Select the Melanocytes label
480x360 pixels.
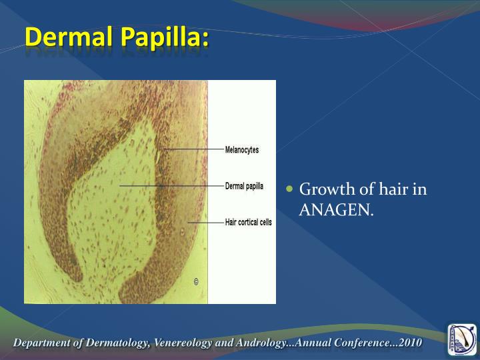click(x=242, y=150)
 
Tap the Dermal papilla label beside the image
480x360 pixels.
click(x=244, y=186)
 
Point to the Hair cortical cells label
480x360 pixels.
click(x=248, y=223)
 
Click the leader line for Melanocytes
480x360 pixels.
click(x=193, y=150)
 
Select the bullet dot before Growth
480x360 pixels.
click(x=289, y=189)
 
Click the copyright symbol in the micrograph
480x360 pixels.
click(x=196, y=281)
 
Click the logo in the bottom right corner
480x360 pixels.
click(x=461, y=339)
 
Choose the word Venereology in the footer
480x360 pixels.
click(x=186, y=343)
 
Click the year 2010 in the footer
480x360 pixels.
click(x=409, y=343)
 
